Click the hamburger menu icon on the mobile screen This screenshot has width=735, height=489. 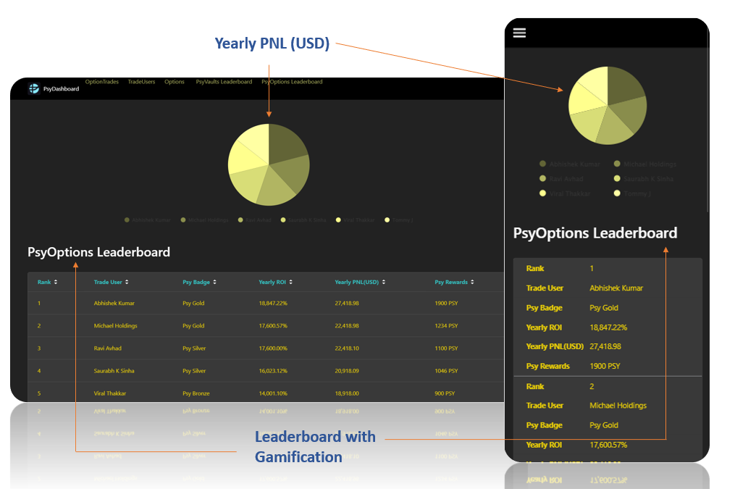[x=519, y=33]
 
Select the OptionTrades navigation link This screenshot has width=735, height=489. [x=101, y=82]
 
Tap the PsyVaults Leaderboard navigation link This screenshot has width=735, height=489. [x=224, y=82]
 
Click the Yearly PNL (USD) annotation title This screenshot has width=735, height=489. [x=272, y=44]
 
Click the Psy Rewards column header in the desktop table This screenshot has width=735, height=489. [x=451, y=282]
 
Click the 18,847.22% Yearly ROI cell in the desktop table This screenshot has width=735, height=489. [x=273, y=304]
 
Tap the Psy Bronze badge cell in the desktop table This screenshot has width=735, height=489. [x=196, y=393]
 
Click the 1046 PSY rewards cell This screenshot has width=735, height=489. [x=446, y=371]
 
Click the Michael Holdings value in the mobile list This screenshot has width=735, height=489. [x=618, y=406]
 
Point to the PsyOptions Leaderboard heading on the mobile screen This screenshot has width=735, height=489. [x=595, y=233]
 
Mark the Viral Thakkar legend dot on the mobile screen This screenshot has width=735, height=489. [x=543, y=193]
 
